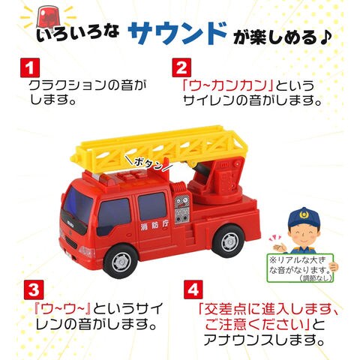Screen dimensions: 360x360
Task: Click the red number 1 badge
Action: [x=30, y=67]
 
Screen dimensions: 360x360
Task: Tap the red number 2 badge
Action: [x=181, y=67]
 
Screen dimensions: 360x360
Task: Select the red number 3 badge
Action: [x=34, y=289]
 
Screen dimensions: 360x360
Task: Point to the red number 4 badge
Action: [x=193, y=289]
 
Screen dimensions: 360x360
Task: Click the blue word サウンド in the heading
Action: [x=177, y=33]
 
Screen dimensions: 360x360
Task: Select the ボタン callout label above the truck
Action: [x=148, y=163]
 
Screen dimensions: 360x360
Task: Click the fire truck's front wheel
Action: [x=121, y=262]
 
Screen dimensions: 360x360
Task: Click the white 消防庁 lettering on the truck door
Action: [x=154, y=226]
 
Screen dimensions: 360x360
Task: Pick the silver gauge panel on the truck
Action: [x=181, y=208]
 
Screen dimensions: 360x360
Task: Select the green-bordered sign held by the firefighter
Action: [x=300, y=268]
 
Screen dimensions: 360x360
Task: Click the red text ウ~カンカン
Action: [x=227, y=85]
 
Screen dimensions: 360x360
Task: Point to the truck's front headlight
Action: [x=87, y=251]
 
